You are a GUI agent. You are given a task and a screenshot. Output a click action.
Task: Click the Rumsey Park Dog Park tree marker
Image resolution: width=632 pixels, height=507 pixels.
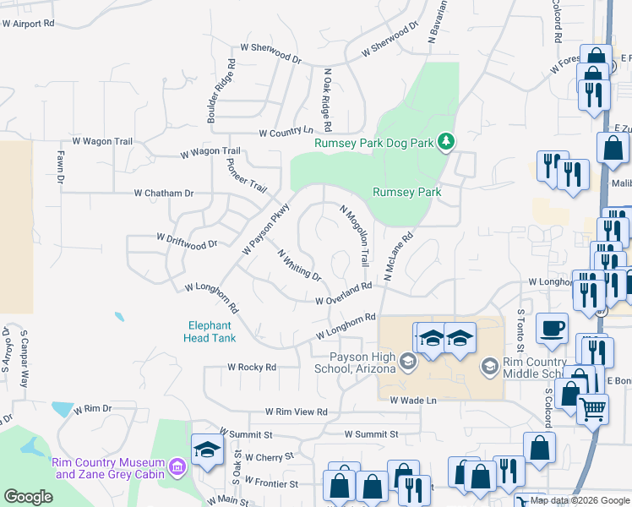point(446,142)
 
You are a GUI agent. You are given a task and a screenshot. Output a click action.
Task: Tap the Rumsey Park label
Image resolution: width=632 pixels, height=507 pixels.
point(407,193)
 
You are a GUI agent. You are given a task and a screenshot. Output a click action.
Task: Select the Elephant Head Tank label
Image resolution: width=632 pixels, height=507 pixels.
point(210,331)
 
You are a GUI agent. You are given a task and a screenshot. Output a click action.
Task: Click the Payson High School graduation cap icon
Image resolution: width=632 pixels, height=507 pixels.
point(407,363)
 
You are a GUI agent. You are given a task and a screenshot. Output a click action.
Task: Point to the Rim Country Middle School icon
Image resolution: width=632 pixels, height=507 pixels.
point(489,366)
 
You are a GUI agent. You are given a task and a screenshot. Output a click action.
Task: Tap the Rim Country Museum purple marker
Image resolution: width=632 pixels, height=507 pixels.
point(177,466)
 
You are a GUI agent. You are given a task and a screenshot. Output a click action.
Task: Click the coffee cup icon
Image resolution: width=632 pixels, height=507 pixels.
point(552,328)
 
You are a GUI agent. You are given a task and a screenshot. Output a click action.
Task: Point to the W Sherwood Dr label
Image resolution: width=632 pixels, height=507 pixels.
point(271,54)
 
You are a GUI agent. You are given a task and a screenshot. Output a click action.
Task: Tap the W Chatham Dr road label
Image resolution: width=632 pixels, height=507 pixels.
point(164,194)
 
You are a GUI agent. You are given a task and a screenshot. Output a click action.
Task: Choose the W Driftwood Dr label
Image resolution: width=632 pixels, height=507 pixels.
point(188,241)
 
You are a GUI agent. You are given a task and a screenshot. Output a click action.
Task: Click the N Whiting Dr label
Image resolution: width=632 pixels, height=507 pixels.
point(299,265)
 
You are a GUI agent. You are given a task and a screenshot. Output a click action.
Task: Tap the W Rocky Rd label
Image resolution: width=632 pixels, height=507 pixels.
point(252,368)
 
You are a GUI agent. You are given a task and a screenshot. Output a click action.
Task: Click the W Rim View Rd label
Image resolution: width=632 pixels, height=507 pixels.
point(296,412)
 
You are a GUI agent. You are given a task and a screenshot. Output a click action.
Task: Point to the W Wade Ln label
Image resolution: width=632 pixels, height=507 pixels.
point(413,401)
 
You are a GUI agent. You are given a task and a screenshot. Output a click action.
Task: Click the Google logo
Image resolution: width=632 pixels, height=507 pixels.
point(28,497)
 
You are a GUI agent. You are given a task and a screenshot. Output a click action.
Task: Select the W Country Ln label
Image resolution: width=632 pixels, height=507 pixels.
point(286,133)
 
